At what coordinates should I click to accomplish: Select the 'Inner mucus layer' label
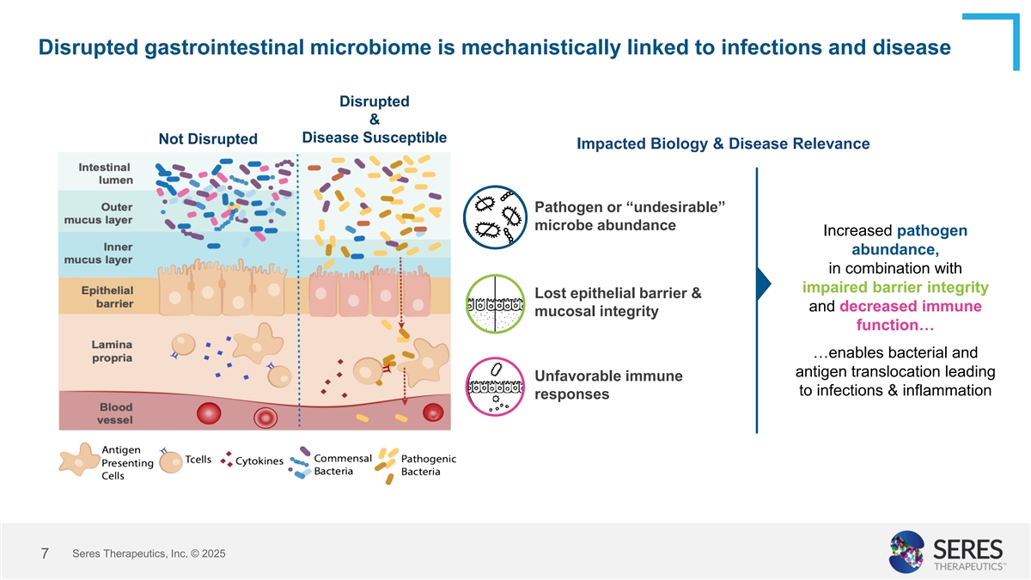click(106, 253)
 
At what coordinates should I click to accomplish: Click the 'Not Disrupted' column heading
click(208, 139)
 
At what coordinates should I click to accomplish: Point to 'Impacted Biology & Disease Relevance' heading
click(723, 143)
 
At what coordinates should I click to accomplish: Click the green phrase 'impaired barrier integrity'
click(894, 287)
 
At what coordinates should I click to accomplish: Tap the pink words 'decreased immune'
click(910, 307)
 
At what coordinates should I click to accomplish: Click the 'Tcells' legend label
click(198, 459)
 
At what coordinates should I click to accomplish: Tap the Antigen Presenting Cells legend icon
click(78, 459)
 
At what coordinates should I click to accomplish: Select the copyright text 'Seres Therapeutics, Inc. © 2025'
click(149, 554)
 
